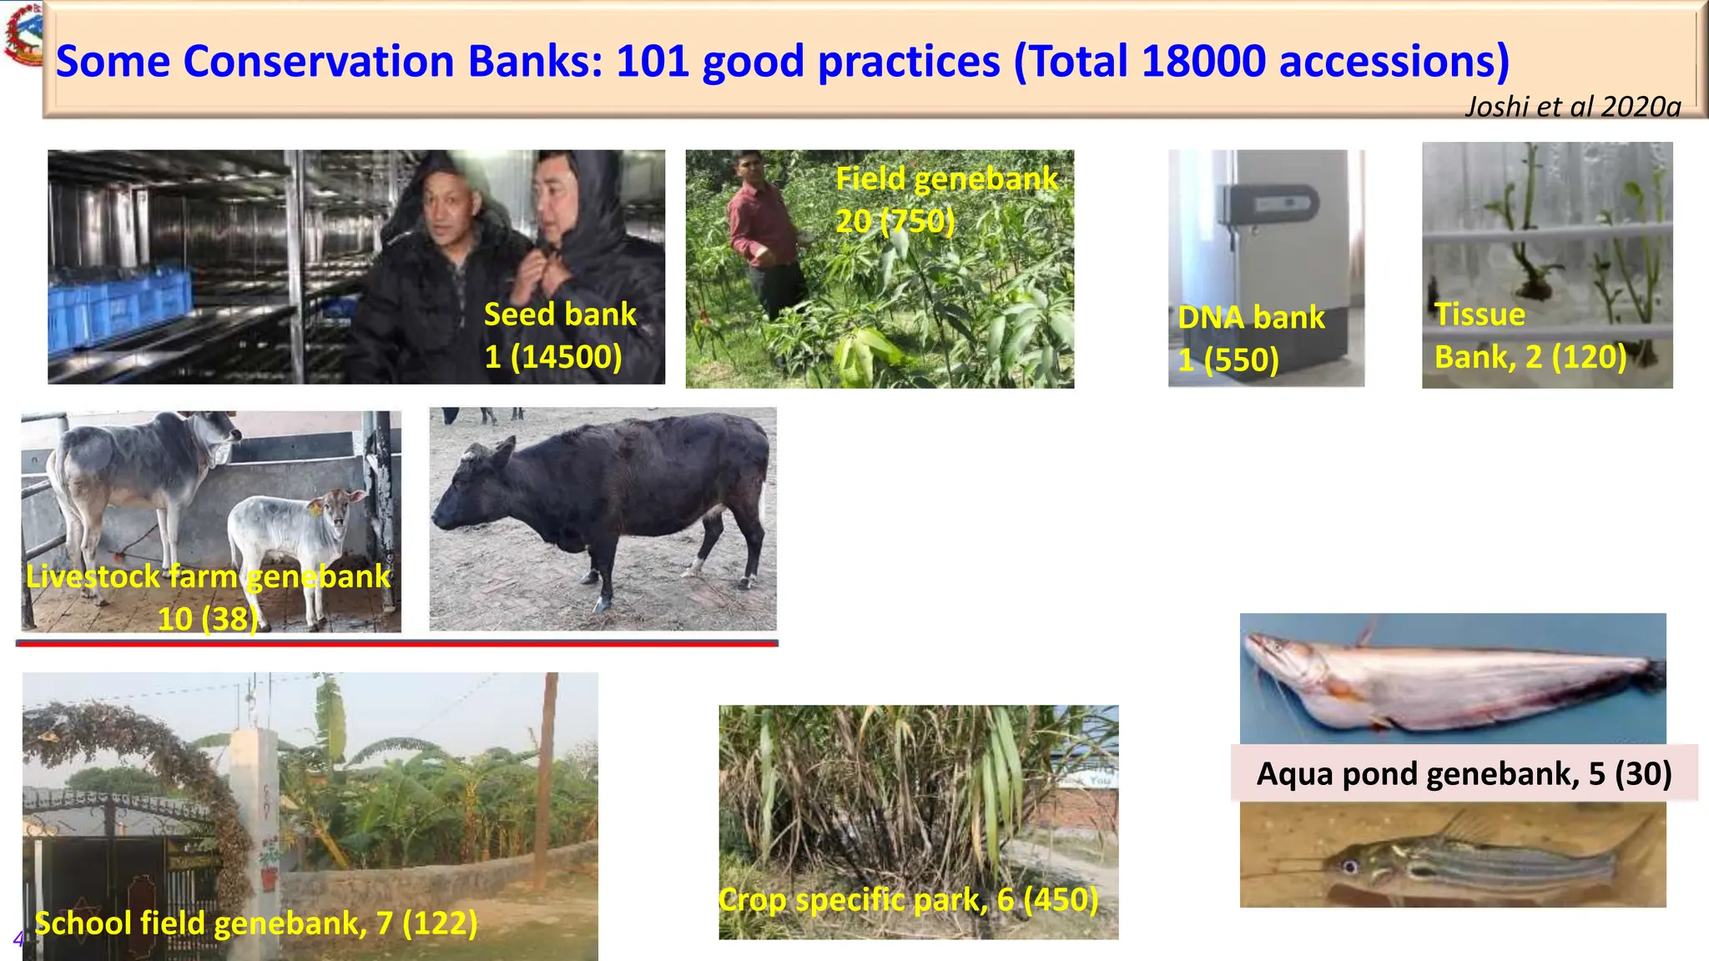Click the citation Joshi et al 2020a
click(1572, 107)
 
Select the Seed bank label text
click(560, 314)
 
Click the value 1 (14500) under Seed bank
click(553, 357)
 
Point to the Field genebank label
click(946, 179)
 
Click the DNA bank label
click(1251, 318)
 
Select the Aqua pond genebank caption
click(1464, 773)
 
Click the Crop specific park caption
click(908, 899)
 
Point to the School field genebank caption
click(256, 923)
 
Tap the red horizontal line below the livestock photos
click(396, 643)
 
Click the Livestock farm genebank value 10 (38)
click(208, 619)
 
